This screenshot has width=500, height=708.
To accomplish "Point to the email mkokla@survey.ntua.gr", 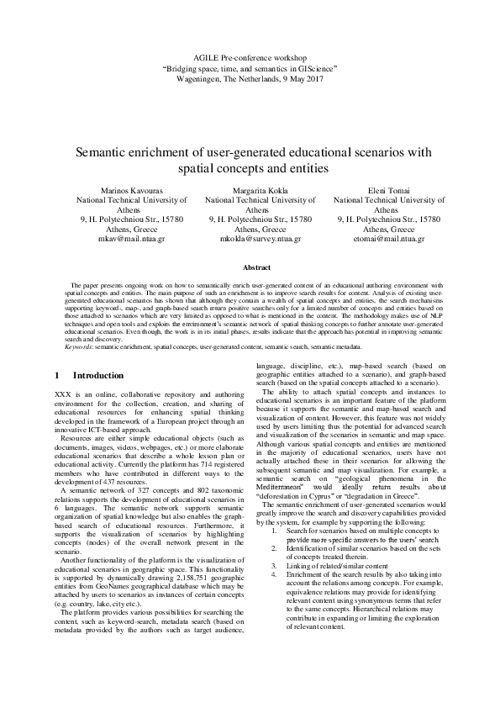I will click(x=250, y=238).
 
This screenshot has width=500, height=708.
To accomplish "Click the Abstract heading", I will click(x=250, y=267).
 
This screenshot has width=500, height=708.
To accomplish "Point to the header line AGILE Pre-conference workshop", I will click(x=250, y=53).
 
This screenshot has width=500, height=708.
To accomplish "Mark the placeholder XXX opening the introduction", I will click(x=61, y=394).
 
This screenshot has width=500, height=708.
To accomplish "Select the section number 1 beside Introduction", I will click(x=55, y=374).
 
